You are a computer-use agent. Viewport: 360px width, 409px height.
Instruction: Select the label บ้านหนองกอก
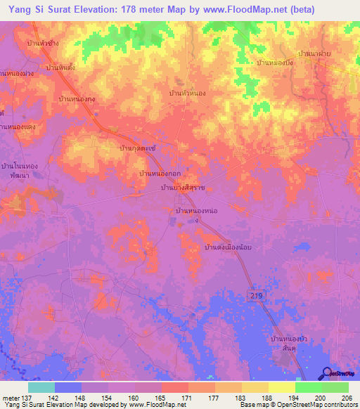(160, 173)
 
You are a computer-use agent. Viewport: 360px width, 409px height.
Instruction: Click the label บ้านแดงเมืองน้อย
(228, 248)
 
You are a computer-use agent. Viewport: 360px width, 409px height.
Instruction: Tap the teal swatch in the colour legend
(41, 387)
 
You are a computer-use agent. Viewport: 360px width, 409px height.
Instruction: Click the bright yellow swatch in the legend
(281, 387)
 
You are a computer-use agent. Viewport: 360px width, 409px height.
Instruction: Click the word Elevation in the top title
(89, 9)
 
